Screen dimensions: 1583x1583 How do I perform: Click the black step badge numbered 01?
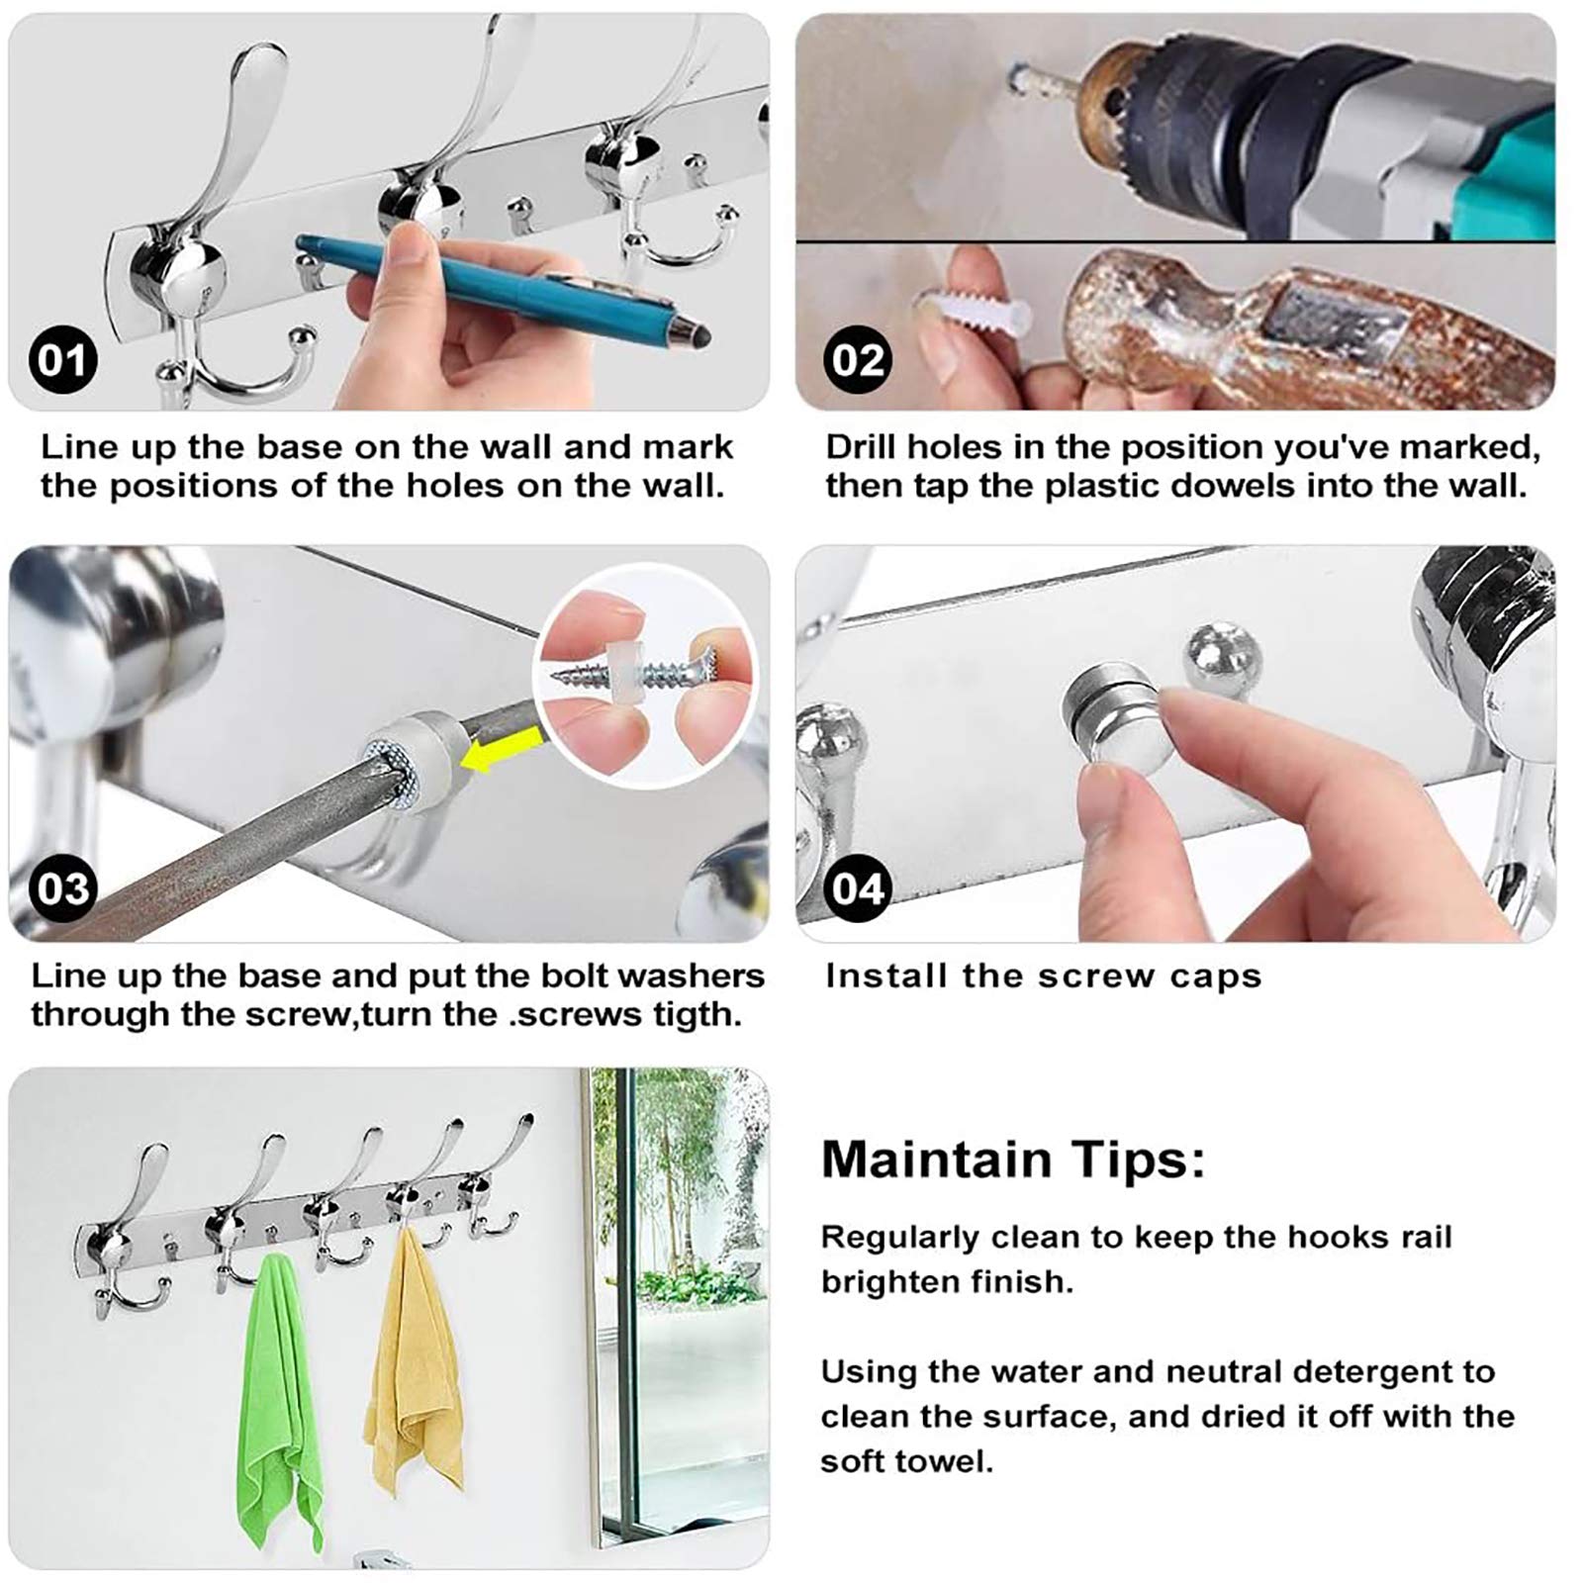coord(63,360)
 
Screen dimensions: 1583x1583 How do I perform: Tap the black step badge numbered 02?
coord(858,360)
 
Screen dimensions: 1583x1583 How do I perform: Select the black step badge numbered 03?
coord(63,888)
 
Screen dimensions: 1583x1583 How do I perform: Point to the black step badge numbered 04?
coord(858,888)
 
